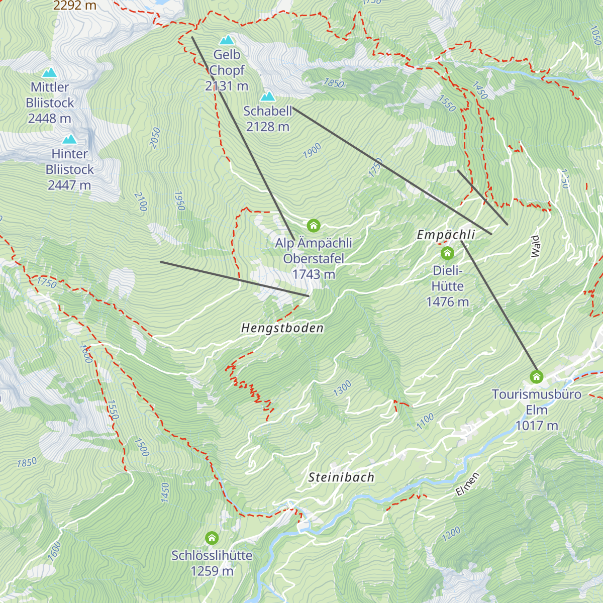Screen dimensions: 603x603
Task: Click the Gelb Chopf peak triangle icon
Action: point(227,40)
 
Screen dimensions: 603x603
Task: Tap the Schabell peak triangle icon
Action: point(267,96)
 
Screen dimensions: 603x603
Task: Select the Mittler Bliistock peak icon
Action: point(49,72)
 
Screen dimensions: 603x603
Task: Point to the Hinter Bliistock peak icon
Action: point(69,139)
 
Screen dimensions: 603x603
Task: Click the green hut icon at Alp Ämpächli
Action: point(314,225)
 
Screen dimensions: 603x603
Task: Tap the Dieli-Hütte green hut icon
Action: point(447,253)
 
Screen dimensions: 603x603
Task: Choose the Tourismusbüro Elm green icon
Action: point(537,376)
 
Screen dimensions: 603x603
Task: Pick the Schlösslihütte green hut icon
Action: point(212,538)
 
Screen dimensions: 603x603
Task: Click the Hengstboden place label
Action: point(282,328)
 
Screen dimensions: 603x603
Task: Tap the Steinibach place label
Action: point(341,477)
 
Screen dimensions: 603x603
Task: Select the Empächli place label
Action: point(446,235)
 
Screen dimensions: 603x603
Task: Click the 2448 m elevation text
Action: point(49,119)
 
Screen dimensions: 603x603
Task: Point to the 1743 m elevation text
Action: point(314,274)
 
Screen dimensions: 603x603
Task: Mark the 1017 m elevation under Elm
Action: point(537,426)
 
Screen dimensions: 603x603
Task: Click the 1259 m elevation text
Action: point(212,571)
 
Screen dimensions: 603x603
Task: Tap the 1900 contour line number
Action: point(312,151)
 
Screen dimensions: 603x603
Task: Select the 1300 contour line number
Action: point(342,388)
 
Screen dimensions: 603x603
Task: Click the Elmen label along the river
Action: point(468,484)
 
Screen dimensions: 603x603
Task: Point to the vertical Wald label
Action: point(535,246)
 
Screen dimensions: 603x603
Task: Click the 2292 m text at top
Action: point(74,6)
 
